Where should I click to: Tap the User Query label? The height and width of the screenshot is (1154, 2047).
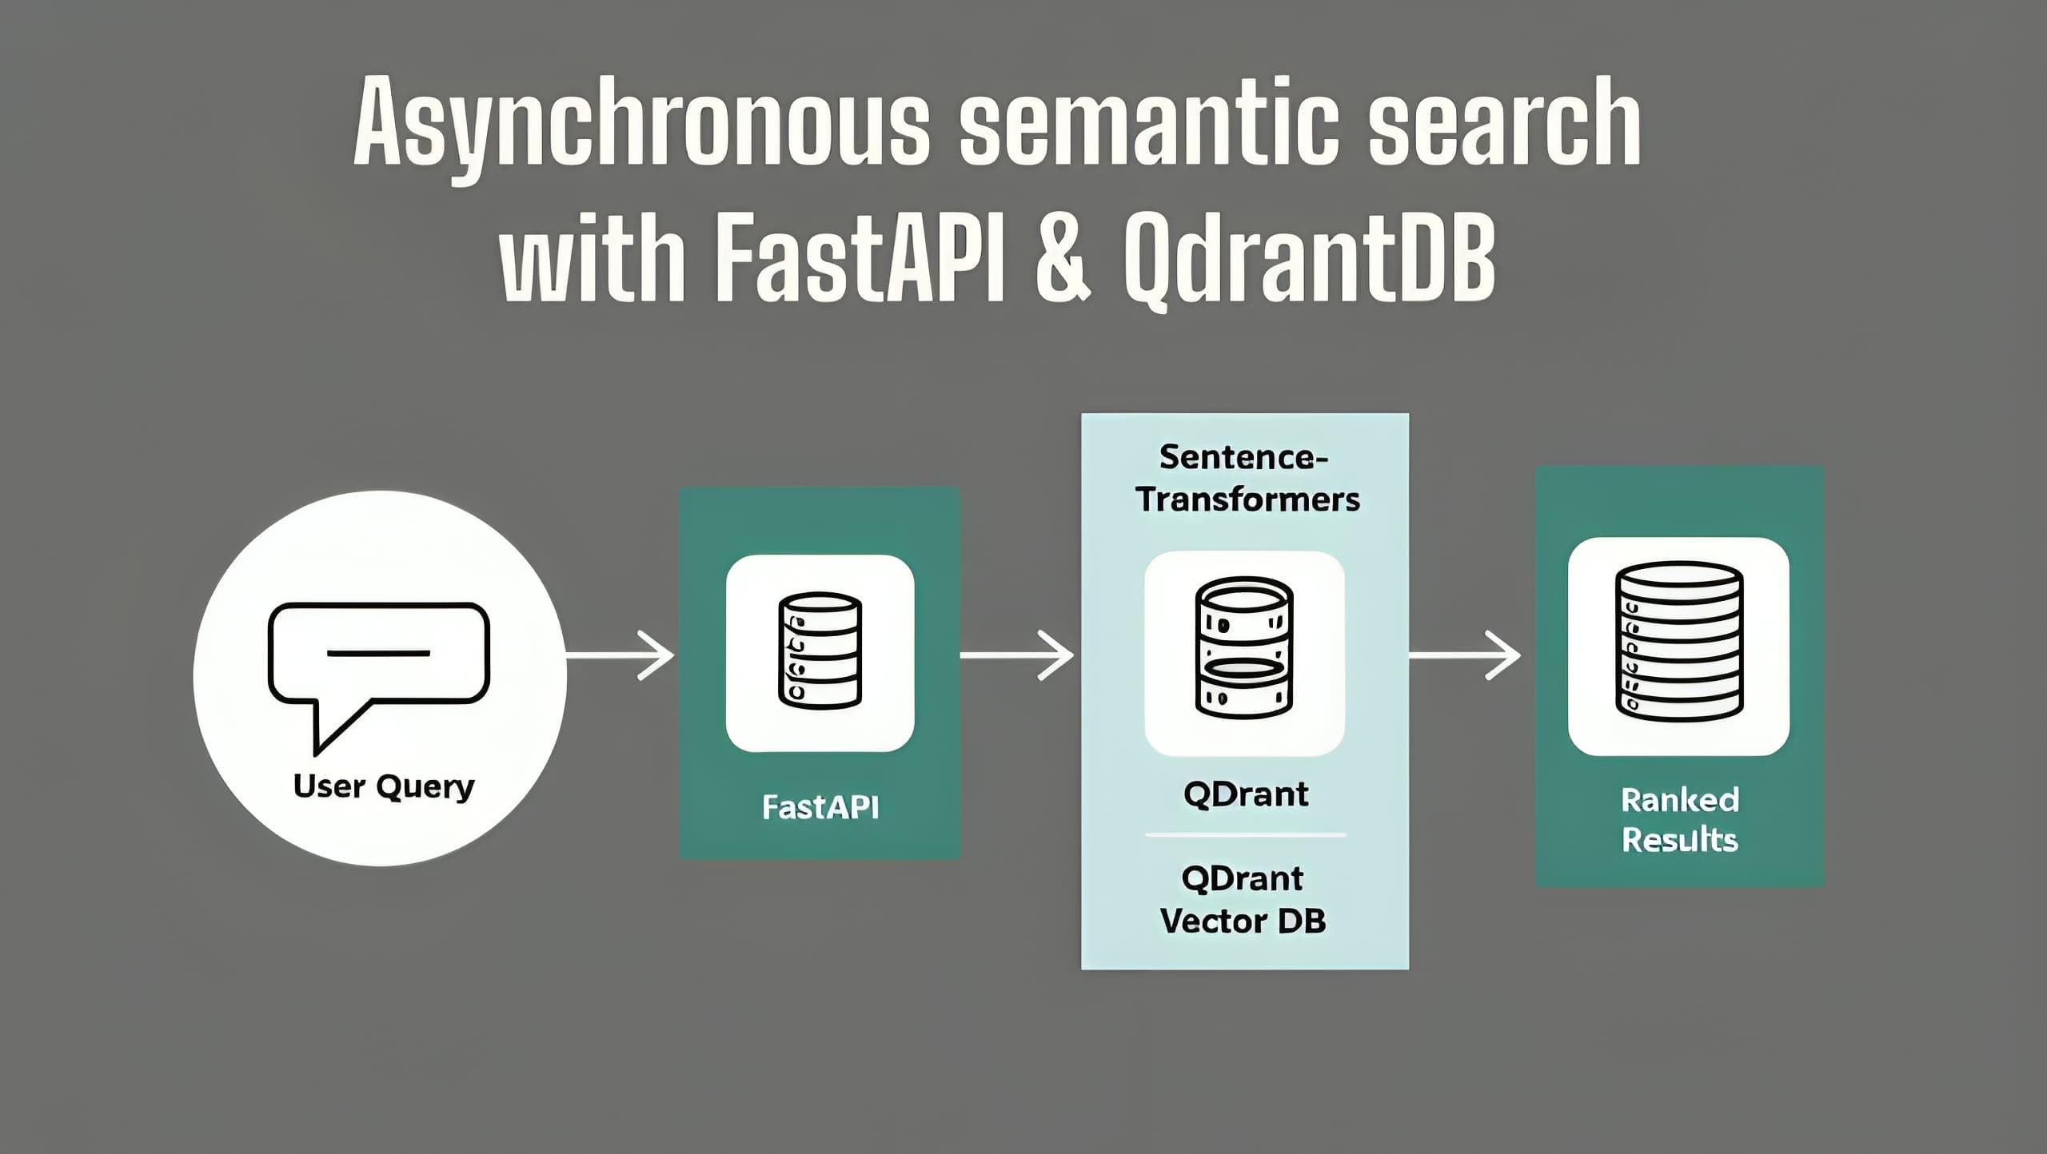tap(384, 786)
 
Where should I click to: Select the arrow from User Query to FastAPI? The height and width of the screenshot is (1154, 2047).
tap(620, 655)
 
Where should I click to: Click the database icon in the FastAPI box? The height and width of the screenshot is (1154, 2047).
tap(820, 651)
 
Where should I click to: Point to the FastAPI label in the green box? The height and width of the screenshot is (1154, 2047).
tap(820, 807)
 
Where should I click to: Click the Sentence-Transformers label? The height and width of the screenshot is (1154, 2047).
tap(1245, 478)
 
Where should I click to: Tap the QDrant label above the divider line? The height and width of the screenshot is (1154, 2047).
tap(1245, 794)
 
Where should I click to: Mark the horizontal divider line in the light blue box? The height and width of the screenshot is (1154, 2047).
tap(1245, 835)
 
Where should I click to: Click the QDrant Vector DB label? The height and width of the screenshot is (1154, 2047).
tap(1243, 900)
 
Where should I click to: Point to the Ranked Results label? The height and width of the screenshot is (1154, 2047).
tap(1679, 820)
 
